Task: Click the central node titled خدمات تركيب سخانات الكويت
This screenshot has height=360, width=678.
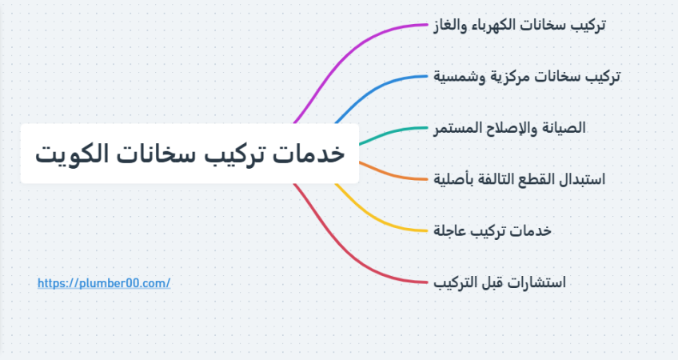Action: pos(189,154)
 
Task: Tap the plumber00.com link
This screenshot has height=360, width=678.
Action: pos(104,283)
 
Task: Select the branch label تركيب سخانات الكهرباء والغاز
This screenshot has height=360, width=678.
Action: pos(520,25)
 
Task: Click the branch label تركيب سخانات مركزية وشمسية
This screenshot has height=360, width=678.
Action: pos(527,77)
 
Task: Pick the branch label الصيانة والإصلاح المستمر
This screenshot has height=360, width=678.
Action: pos(510,128)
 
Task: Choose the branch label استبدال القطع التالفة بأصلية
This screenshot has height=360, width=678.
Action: pos(520,179)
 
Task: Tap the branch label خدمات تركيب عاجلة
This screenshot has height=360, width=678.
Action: pos(493,230)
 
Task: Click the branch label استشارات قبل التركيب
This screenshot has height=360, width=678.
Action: pos(500,282)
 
